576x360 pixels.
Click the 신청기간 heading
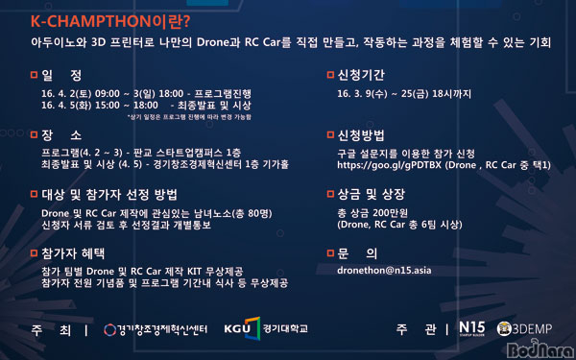click(366, 74)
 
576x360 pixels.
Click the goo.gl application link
click(394, 165)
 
